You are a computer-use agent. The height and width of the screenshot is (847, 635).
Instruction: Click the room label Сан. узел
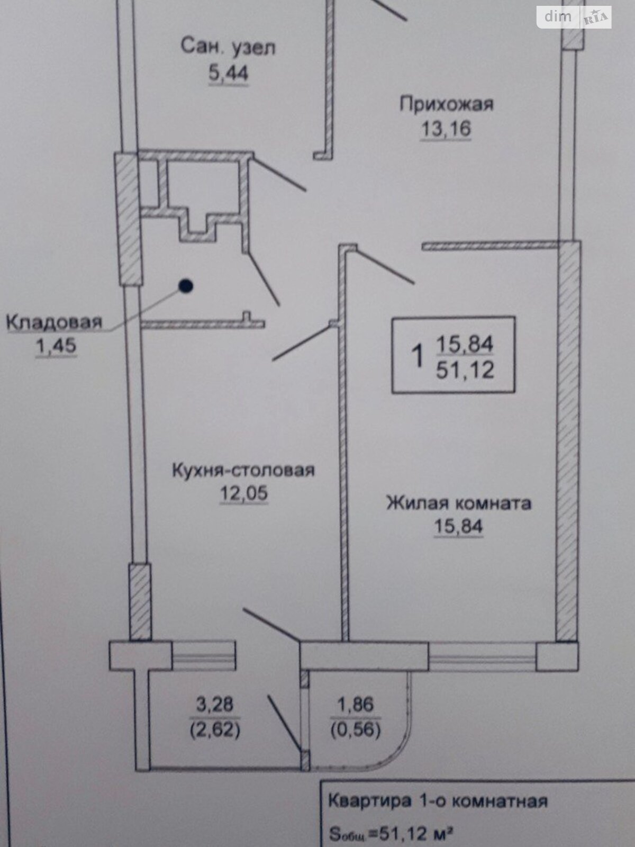tap(228, 47)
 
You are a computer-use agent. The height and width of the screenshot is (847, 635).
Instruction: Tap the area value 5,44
tap(228, 73)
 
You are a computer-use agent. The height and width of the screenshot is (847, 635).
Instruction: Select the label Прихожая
tap(446, 103)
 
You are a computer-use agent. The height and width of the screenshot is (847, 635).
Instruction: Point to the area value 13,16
tap(446, 129)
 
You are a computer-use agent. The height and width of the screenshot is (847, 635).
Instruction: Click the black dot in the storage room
tap(185, 286)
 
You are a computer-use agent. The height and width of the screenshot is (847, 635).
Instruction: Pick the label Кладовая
tap(53, 322)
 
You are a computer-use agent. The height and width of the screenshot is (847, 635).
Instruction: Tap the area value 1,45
tap(56, 346)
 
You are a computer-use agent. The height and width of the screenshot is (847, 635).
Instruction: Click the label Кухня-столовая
tap(243, 470)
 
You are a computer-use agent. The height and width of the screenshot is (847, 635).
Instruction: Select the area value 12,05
tap(244, 493)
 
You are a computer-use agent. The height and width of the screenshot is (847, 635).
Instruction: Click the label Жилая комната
tap(459, 502)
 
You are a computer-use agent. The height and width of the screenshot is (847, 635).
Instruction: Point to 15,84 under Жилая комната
tap(459, 527)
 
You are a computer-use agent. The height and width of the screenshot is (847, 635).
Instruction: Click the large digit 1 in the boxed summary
tap(419, 355)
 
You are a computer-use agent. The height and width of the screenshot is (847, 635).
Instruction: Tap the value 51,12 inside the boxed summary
tap(465, 369)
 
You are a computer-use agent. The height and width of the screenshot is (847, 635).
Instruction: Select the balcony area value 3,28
tap(214, 705)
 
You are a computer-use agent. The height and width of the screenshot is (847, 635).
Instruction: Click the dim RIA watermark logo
tap(574, 17)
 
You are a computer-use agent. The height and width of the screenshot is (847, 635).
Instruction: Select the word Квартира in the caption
tap(369, 800)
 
